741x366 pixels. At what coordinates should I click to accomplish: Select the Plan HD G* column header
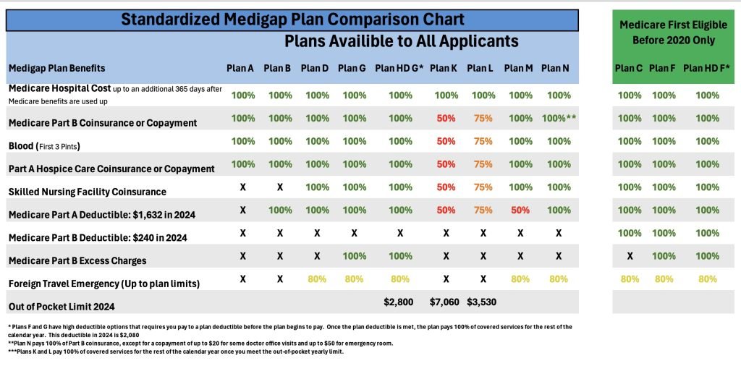(x=399, y=68)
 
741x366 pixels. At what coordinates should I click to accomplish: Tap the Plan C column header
(x=629, y=68)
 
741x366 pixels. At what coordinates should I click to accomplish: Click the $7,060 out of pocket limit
(x=444, y=302)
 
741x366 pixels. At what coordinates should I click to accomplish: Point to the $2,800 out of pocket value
(x=398, y=302)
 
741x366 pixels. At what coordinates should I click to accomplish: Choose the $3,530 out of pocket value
(x=480, y=302)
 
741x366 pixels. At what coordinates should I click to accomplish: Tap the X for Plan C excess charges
(x=630, y=256)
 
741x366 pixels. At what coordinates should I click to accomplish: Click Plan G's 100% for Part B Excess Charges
(x=354, y=256)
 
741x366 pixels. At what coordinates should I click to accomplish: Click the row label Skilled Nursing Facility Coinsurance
(x=87, y=192)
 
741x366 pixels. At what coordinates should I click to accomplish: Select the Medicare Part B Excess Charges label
(x=77, y=260)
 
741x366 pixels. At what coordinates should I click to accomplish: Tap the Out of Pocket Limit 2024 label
(x=62, y=307)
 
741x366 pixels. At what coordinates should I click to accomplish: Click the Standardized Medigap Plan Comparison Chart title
(x=292, y=20)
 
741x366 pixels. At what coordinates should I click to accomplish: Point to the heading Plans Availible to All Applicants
(x=401, y=41)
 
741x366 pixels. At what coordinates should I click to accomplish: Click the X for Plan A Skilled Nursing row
(x=242, y=187)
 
